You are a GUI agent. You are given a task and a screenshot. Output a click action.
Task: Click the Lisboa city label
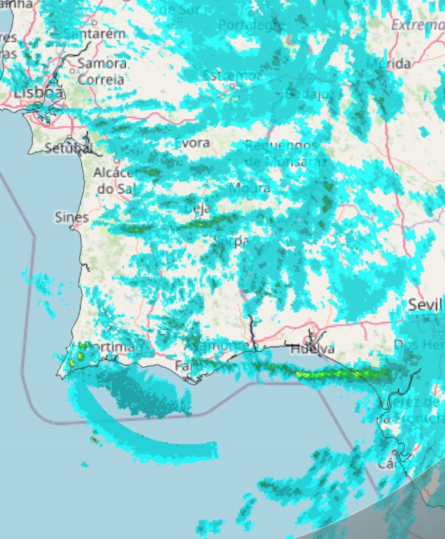coord(38,93)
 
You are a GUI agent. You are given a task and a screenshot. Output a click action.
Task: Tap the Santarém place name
coord(94,34)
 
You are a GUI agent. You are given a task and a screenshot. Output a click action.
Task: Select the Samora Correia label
coord(101,71)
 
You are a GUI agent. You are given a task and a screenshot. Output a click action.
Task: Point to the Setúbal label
coord(68,148)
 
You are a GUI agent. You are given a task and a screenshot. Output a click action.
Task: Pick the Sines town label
coord(72,217)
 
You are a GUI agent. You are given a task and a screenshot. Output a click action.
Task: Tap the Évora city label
coord(192,143)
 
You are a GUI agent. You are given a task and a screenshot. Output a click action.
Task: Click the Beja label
coord(197,208)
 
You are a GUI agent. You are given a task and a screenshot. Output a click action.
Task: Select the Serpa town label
coord(232,241)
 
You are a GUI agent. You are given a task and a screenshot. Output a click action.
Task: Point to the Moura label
coord(250,187)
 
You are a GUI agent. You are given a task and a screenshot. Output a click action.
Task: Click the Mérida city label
coord(389,63)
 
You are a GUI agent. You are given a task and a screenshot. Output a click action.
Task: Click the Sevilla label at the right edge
coord(426,304)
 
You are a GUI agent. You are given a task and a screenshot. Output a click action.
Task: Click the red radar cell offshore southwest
coord(94,440)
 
